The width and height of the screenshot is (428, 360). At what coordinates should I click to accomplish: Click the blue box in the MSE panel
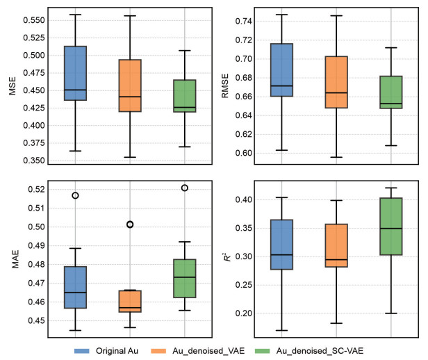(x=75, y=73)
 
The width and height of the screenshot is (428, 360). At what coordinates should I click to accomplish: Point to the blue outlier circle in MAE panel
(x=75, y=195)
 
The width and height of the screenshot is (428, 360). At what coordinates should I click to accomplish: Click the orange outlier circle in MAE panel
(x=130, y=224)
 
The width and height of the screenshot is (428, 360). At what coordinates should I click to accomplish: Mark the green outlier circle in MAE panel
(x=185, y=188)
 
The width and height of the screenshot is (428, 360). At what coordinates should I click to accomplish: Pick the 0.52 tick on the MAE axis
(x=33, y=189)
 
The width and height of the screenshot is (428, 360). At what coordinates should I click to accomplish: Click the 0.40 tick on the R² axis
(x=242, y=200)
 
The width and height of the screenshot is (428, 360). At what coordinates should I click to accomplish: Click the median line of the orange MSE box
(x=130, y=97)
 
